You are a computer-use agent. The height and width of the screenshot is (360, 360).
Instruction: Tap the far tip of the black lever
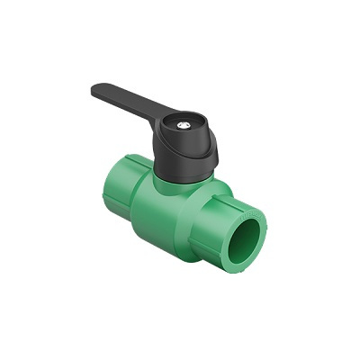click(x=95, y=88)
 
